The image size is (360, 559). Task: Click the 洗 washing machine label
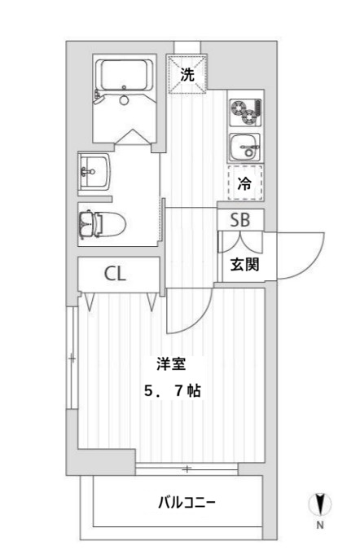187,75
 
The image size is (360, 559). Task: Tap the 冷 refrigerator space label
244,184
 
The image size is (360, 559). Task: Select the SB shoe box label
240,219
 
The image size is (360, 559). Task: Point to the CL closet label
115,274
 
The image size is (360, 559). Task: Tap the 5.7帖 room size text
172,391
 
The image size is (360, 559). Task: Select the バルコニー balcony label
187,502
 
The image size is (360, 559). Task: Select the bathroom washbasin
91,171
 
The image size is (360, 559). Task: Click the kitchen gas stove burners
243,109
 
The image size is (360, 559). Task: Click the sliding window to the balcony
187,469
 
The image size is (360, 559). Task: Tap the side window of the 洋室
73,359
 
